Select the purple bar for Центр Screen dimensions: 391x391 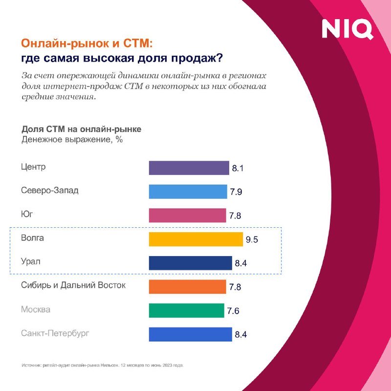(189, 168)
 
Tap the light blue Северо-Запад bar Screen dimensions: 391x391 (188, 192)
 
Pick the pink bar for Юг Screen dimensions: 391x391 (188, 215)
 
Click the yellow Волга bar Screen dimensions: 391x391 (195, 239)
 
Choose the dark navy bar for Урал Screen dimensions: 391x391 (190, 263)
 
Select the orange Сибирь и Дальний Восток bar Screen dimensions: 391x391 (187, 286)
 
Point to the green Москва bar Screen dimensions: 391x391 (186, 310)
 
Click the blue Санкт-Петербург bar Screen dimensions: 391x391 (190, 334)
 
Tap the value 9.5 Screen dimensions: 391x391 (251, 240)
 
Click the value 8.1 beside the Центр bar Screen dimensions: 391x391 (238, 169)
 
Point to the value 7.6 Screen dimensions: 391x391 (232, 311)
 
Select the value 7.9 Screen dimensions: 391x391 (236, 192)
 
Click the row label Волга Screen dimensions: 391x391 (33, 238)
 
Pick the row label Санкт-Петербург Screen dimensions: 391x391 (56, 333)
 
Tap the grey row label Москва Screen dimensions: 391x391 (36, 309)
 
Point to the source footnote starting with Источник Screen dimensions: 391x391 (103, 365)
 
